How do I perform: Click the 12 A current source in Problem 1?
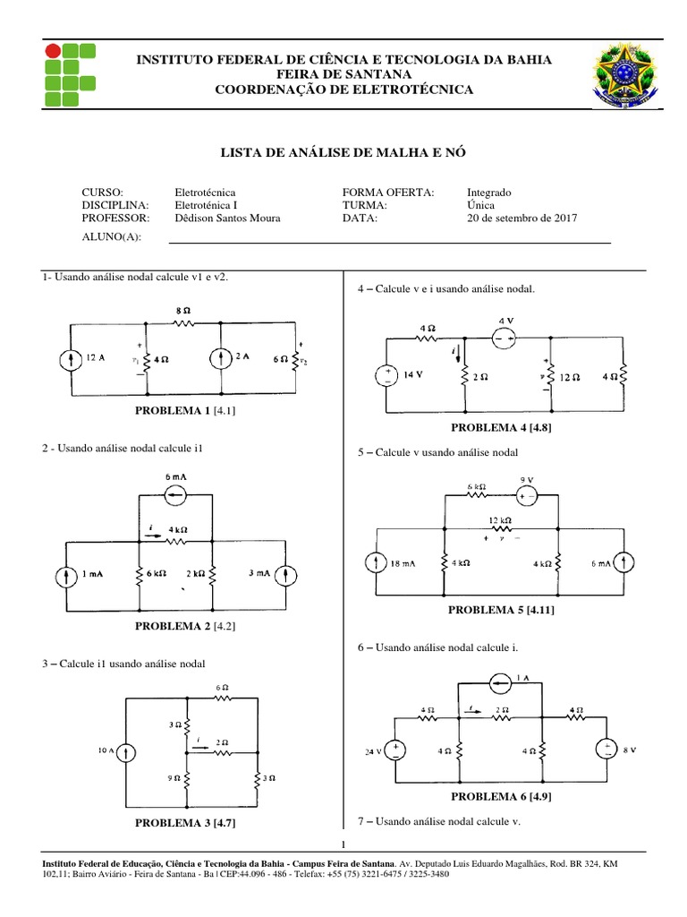point(70,359)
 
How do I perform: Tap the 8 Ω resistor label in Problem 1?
point(182,310)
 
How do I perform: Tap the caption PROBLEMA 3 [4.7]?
point(185,822)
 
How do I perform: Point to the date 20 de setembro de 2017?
point(522,218)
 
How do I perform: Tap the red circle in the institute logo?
point(54,50)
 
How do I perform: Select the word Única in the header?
point(483,205)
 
